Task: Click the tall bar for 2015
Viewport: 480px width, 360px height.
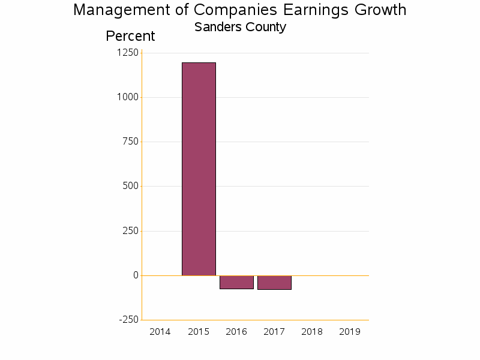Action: (199, 169)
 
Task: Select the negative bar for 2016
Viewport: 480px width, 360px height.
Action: (236, 282)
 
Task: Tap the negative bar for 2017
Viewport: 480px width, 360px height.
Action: (274, 283)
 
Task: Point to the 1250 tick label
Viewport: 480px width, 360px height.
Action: (127, 53)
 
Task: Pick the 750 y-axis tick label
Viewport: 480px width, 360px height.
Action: (130, 142)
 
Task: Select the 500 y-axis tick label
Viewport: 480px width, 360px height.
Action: (130, 186)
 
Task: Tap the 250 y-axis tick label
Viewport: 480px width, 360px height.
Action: (130, 231)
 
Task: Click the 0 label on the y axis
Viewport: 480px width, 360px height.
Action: (136, 275)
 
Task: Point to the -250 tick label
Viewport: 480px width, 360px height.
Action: (128, 320)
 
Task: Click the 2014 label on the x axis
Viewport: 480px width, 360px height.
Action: (160, 332)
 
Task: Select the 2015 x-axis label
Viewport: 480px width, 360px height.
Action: (199, 332)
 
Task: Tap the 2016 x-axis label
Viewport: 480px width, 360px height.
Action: (236, 332)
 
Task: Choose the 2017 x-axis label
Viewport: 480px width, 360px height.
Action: (274, 332)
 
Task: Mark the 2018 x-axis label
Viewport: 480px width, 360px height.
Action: (312, 332)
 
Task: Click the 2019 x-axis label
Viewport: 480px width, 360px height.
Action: (350, 332)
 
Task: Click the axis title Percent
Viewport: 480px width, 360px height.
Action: (130, 36)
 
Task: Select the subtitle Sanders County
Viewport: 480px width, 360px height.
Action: (240, 27)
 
